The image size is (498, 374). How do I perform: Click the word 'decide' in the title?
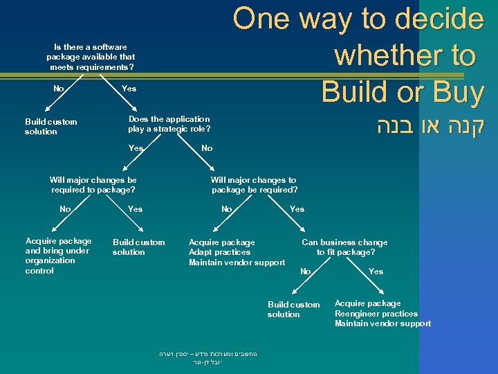point(436,19)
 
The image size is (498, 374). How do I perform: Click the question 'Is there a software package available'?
point(91,57)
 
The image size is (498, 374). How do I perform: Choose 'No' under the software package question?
point(59,88)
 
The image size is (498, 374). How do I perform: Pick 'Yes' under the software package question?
point(129,88)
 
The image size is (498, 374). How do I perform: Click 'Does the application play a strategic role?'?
point(169,124)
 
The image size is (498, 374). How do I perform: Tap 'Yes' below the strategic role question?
point(136,148)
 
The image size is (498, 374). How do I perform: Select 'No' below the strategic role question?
point(207,148)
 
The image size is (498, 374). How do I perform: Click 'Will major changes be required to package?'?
point(93,184)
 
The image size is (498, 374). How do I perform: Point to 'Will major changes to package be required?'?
point(255,184)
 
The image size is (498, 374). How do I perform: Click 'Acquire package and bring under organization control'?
point(58,256)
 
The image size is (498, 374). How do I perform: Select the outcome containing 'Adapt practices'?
point(237,252)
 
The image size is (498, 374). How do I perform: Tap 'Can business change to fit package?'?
point(344,247)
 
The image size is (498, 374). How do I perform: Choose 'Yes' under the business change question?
point(376,271)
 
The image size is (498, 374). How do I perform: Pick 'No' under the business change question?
point(305,271)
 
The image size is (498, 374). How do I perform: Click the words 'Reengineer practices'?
point(376,313)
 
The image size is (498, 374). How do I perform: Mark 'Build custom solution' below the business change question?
point(293,310)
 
